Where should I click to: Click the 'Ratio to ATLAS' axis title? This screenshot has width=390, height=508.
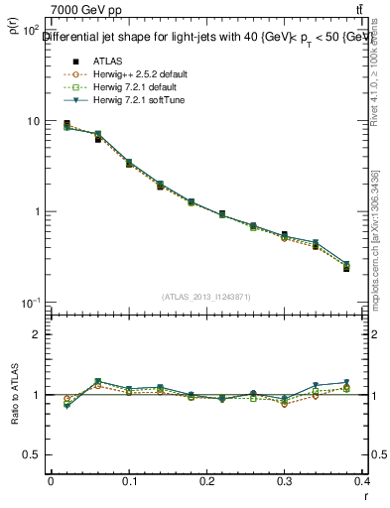coord(15,420)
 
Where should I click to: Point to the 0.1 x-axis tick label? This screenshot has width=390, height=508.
coord(128,481)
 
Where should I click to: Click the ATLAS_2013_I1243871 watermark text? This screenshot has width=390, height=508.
coord(206,297)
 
